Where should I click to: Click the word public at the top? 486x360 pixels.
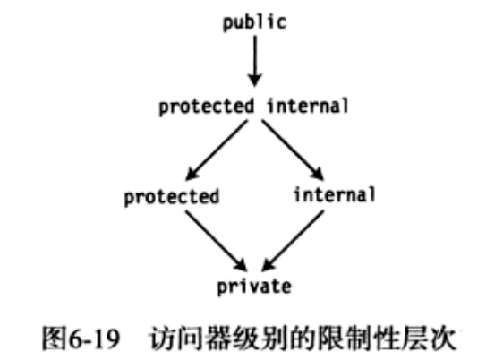click(x=254, y=22)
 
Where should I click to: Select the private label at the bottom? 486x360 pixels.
click(x=254, y=287)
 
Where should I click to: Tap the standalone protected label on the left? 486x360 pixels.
click(x=172, y=197)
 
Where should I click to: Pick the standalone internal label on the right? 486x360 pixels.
click(x=335, y=194)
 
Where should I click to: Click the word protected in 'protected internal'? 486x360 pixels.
click(x=206, y=107)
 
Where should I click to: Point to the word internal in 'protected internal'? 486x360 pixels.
click(x=308, y=106)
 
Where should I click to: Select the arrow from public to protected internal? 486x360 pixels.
click(x=255, y=62)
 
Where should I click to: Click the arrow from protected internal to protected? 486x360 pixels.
click(x=217, y=150)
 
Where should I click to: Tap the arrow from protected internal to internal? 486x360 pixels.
click(x=293, y=150)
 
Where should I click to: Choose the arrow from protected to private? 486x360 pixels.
click(x=217, y=241)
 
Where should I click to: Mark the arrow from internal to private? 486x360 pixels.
click(x=293, y=241)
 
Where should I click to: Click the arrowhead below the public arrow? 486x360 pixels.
click(x=255, y=81)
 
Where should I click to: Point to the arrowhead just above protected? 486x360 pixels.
click(x=192, y=174)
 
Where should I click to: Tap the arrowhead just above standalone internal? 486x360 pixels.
click(x=317, y=174)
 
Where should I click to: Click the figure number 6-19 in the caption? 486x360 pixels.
click(x=94, y=339)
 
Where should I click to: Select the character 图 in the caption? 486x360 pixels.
click(x=55, y=339)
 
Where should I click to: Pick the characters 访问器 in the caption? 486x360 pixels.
click(x=189, y=339)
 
